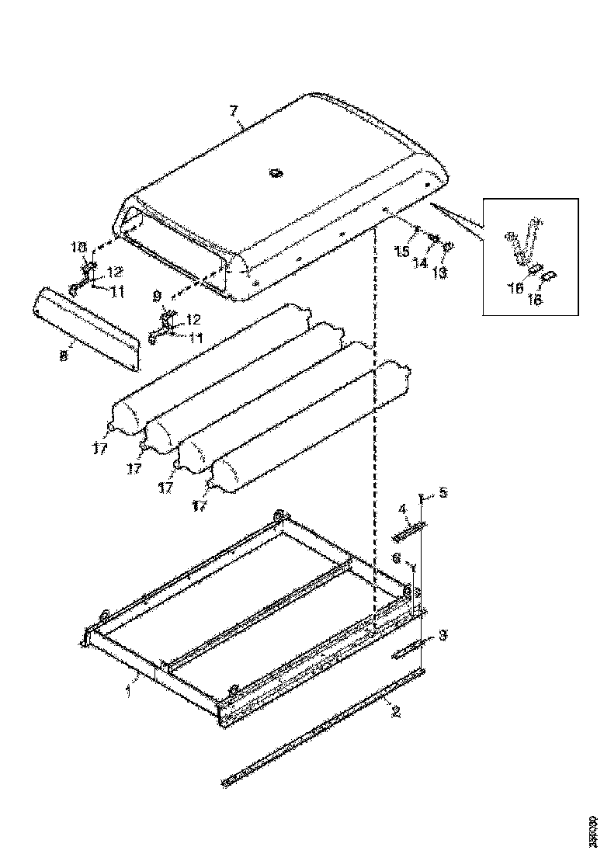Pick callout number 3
click(443, 635)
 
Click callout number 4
click(403, 509)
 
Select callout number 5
click(443, 492)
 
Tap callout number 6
click(396, 557)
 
